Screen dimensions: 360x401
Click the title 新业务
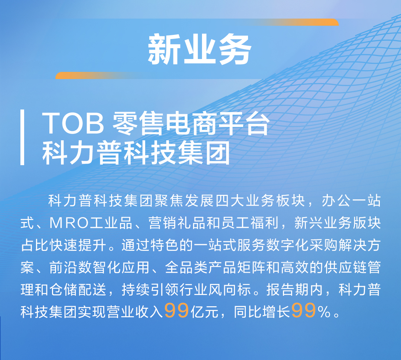point(200,49)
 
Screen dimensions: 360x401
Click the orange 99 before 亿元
point(176,311)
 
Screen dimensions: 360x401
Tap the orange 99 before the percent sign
point(303,311)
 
